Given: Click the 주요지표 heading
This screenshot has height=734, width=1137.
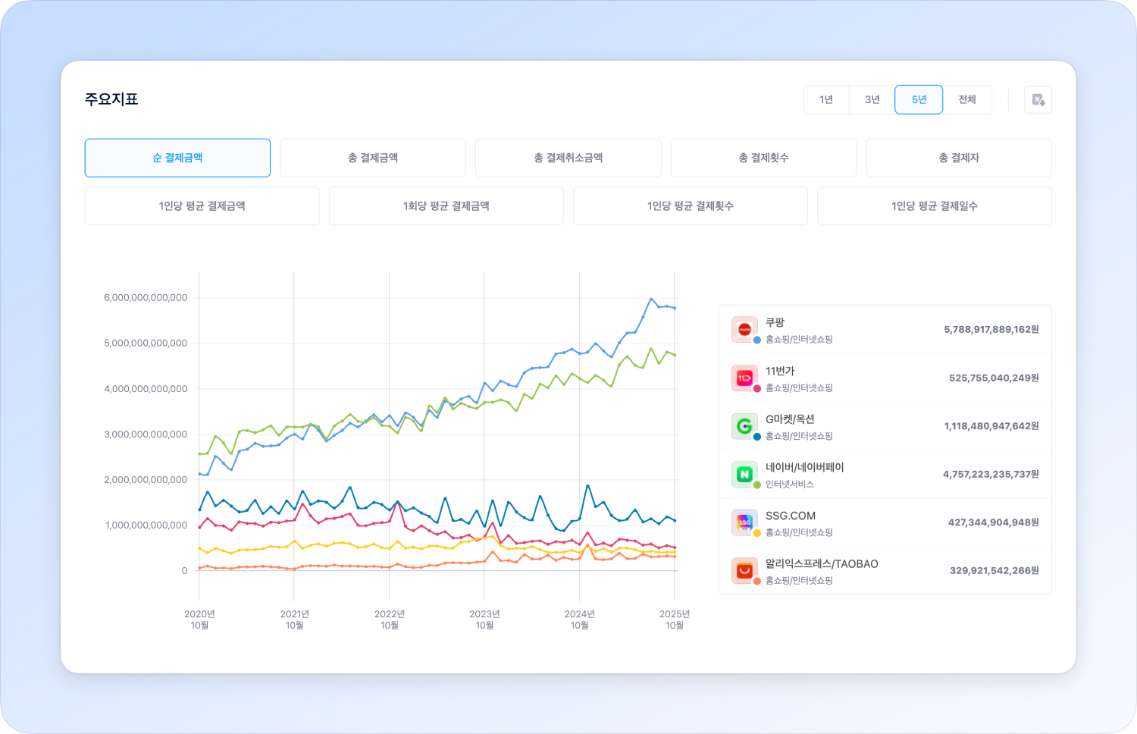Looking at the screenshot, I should pos(111,99).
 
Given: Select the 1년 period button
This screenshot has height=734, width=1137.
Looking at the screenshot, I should pos(826,99).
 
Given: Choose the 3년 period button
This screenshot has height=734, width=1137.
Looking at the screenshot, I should pos(872,99).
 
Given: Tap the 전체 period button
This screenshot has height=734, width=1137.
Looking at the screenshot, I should pos(967,99).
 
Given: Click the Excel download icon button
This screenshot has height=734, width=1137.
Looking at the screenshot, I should pos(1038,99).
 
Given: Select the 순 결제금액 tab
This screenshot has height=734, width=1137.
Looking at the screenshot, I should pos(177,158).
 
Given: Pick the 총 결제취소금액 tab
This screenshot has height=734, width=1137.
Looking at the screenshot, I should pos(568,158).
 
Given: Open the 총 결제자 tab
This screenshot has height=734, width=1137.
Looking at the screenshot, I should pos(959,158).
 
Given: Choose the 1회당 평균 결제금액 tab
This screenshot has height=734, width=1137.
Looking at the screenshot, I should pos(446,205).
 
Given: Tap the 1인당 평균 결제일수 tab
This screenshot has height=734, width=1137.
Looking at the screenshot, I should pos(935,205).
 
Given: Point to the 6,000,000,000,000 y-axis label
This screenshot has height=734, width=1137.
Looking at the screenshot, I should pos(146,298).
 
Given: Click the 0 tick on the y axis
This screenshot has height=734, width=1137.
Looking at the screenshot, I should pos(184,571).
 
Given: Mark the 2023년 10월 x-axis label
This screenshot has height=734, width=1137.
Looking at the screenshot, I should pos(484,620).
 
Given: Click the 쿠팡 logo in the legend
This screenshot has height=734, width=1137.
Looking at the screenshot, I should pos(744,329).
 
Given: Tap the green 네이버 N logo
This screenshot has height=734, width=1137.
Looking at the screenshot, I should pos(744,474).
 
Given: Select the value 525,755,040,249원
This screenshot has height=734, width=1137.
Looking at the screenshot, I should pos(994,378).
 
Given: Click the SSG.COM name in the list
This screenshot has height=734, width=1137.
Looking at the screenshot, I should pos(791,516).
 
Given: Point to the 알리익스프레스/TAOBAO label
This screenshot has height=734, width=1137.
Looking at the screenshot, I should pos(822,563).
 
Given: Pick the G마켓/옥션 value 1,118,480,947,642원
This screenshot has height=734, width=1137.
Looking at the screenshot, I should pos(991,426).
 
